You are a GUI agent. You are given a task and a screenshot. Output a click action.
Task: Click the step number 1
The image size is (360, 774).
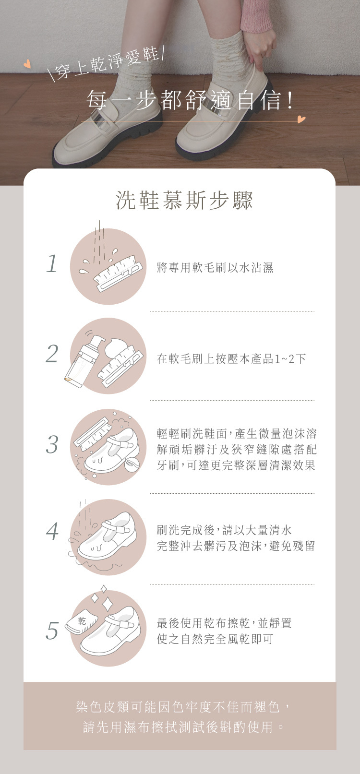[x=52, y=263]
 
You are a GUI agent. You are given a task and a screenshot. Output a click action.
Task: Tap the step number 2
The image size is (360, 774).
[x=52, y=354]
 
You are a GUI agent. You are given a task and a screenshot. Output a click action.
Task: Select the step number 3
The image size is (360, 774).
[x=52, y=444]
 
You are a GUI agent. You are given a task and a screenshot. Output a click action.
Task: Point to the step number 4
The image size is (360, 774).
[x=52, y=531]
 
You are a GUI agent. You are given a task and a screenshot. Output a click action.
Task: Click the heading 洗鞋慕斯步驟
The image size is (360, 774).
[x=184, y=200]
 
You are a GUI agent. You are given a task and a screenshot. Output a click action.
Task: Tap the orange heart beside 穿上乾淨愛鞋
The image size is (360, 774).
[x=27, y=64]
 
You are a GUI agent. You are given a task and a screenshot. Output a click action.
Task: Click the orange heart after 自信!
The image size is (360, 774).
[x=301, y=119]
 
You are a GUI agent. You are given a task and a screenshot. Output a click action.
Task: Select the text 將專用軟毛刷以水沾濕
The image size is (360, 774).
[x=215, y=267]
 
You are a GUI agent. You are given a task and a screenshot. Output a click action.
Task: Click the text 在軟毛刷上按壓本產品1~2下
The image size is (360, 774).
[x=231, y=358]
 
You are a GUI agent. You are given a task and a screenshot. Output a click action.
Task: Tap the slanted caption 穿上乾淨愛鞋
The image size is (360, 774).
[x=107, y=63]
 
